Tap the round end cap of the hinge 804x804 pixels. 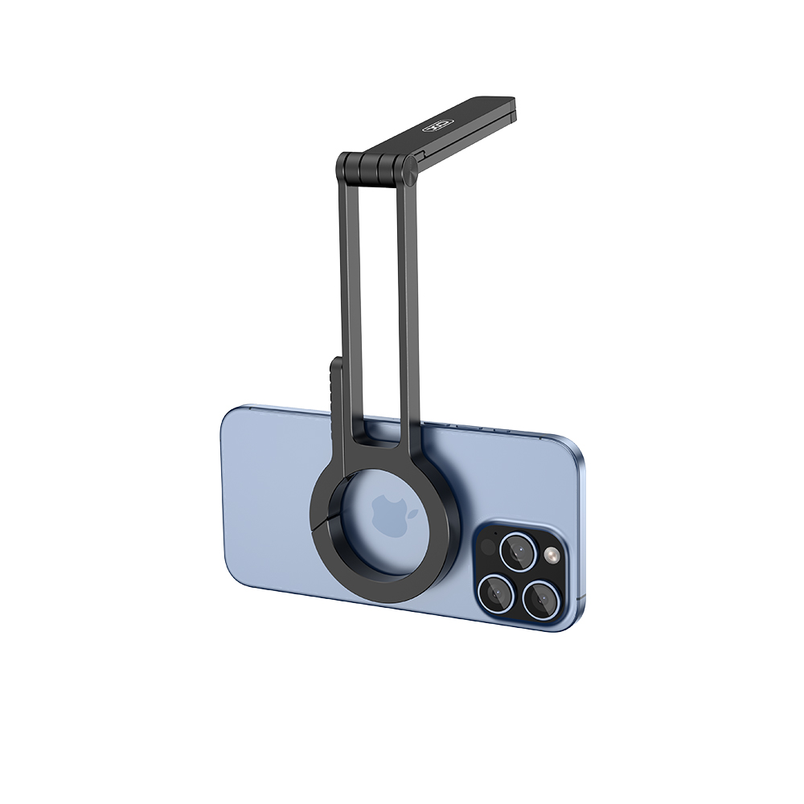click(x=408, y=170)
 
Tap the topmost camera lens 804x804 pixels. click(x=518, y=552)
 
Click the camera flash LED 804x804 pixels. click(x=552, y=556)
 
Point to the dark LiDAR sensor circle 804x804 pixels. click(x=488, y=547)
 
